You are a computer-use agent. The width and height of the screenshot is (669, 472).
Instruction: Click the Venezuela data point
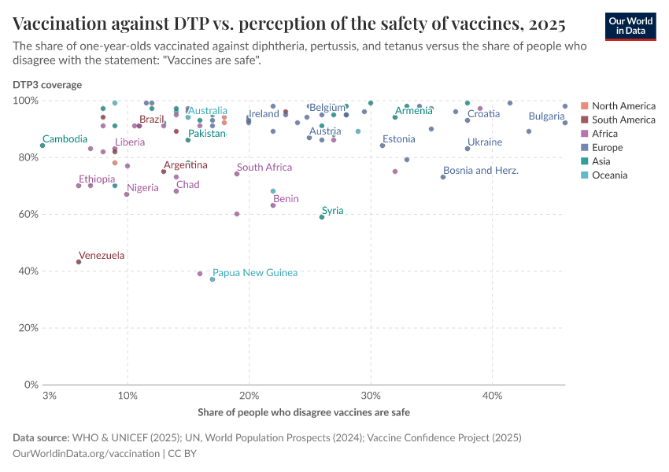coord(79,262)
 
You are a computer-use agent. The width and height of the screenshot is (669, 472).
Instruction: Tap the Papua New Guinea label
coord(255,272)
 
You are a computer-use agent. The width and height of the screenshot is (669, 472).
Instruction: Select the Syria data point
coord(322,217)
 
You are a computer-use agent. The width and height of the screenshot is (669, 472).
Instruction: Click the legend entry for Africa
coord(607,134)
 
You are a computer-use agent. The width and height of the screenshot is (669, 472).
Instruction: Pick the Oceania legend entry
coord(609,175)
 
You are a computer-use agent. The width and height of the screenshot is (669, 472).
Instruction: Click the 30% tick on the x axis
coord(370,395)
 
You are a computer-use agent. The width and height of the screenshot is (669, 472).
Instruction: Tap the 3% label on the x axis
coord(49,395)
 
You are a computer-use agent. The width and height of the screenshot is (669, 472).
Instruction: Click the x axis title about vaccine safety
coord(304,412)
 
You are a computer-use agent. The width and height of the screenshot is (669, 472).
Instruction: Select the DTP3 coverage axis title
coord(46,84)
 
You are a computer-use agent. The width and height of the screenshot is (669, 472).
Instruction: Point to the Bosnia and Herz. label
coord(480,170)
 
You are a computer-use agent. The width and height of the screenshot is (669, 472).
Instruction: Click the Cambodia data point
coord(43,146)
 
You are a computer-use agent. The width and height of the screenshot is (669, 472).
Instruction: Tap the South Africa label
coord(264,167)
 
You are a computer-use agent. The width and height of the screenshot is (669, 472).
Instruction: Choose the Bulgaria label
coord(546,116)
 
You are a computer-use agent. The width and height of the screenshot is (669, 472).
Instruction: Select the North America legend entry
coord(623,105)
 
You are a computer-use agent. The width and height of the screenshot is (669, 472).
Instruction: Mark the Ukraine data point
coord(468,149)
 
